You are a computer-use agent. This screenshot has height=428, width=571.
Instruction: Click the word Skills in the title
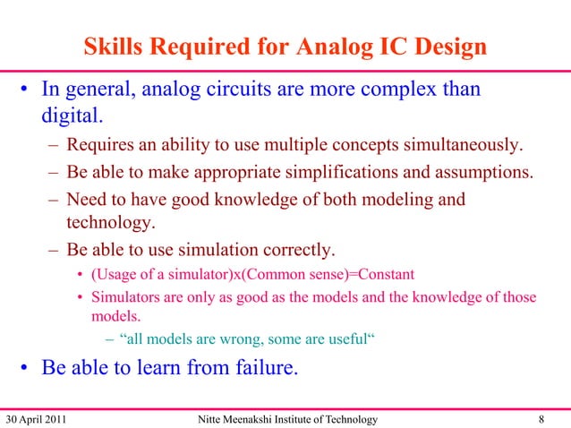click(115, 47)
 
